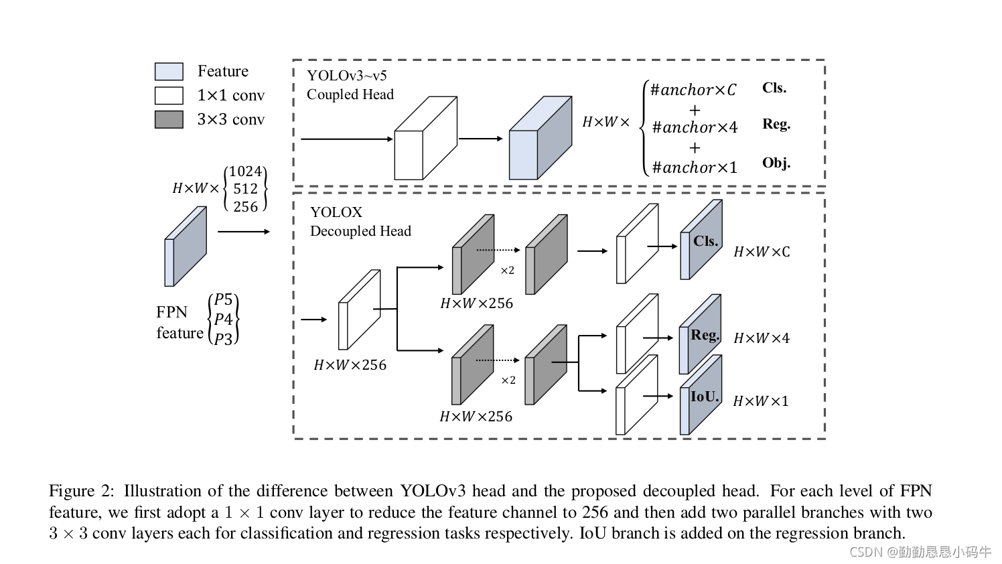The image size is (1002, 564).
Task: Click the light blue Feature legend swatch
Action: tap(169, 72)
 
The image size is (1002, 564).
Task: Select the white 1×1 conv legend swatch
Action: tap(169, 96)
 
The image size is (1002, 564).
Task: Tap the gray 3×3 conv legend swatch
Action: tap(169, 120)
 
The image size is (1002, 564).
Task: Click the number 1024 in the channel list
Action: tap(245, 172)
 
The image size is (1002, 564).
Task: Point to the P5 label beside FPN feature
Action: tap(224, 300)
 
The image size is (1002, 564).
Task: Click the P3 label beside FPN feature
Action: tap(224, 339)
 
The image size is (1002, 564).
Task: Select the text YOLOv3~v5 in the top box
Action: tap(347, 76)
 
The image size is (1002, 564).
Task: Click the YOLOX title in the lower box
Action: tap(336, 212)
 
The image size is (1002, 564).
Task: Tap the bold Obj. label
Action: tap(776, 163)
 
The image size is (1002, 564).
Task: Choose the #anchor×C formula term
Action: tap(693, 90)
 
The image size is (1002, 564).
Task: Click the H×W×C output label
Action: tap(762, 252)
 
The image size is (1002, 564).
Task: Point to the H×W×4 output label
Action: tap(762, 338)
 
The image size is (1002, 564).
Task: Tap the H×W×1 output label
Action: tap(761, 401)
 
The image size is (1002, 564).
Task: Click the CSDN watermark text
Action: tap(920, 552)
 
